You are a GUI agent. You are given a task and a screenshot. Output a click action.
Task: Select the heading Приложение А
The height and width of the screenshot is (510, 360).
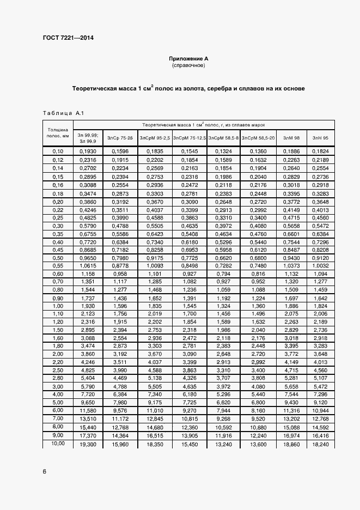(188, 58)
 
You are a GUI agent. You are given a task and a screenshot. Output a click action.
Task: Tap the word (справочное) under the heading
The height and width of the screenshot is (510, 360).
(188, 65)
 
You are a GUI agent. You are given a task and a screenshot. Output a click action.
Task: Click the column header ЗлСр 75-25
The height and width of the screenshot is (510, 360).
(119, 138)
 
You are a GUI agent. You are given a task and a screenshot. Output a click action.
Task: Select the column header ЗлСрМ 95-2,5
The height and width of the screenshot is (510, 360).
(155, 138)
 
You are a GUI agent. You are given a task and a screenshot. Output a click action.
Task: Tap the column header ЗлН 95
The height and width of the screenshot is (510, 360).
(320, 138)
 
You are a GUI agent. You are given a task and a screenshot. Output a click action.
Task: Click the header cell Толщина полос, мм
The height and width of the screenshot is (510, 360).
(58, 133)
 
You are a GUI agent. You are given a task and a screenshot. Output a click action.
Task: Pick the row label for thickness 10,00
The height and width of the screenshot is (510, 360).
(58, 444)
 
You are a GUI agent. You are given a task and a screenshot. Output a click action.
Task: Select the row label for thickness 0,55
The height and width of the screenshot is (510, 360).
(58, 265)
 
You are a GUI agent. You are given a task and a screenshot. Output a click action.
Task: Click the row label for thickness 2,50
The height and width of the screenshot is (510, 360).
(58, 369)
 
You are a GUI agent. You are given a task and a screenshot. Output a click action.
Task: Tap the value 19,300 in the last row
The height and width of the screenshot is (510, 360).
(88, 445)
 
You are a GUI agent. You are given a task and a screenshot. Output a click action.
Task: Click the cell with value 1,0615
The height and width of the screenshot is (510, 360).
(88, 265)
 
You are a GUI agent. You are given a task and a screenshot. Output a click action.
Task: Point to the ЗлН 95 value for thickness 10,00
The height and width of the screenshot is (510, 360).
(320, 445)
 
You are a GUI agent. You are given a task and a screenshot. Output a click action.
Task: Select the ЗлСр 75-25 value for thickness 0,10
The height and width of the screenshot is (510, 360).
(119, 150)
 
